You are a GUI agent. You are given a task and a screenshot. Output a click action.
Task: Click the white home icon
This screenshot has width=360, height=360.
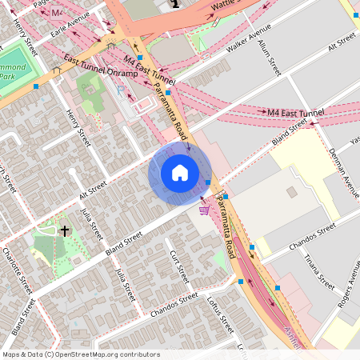pos(180,172)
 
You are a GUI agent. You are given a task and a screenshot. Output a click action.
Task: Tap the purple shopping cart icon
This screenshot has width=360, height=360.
pos(204,210)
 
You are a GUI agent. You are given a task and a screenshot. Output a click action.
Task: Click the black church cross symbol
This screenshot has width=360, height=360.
pos(64,230)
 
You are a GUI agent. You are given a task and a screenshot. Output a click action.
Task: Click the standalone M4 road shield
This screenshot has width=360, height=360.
pos(58,14)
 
